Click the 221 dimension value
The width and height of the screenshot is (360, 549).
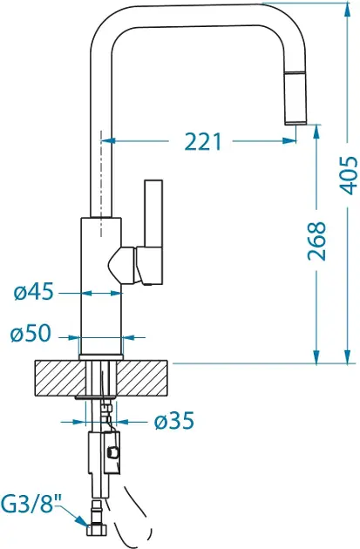coord(203,141)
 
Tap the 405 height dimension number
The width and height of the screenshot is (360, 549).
coord(349,176)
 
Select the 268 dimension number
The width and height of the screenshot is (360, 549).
coord(316,241)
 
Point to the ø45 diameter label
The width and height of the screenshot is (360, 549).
coord(34,291)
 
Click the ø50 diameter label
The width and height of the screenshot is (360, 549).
coord(31,333)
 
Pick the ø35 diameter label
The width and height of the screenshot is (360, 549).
coord(174,421)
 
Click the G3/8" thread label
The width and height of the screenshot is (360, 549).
coord(31,504)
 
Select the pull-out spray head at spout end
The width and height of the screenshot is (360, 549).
coord(296,98)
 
